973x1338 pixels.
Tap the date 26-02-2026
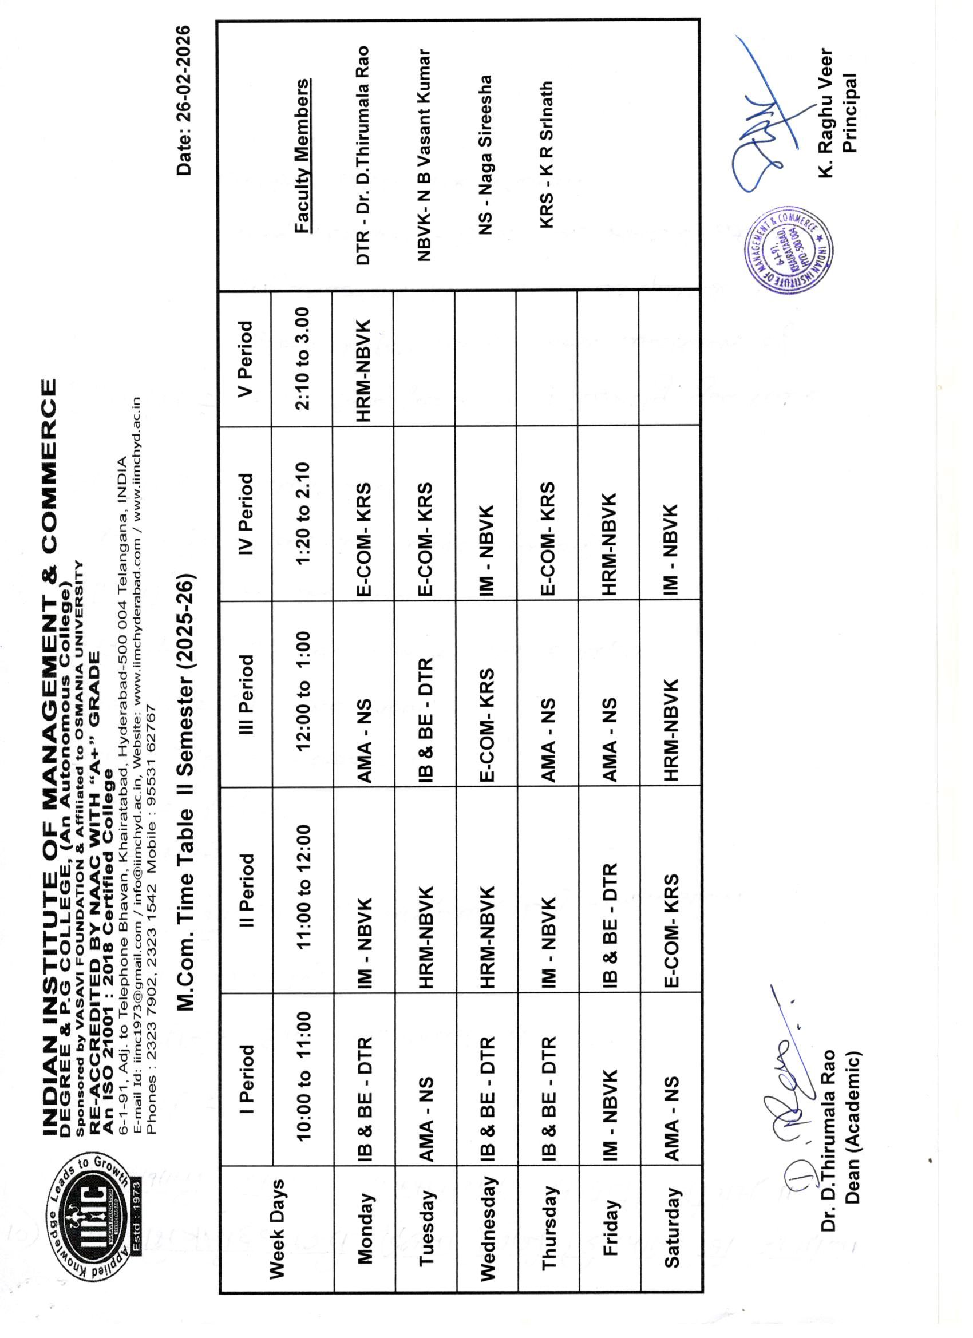tap(184, 100)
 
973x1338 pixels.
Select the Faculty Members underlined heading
tap(302, 156)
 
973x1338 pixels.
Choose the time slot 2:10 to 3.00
tap(302, 359)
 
